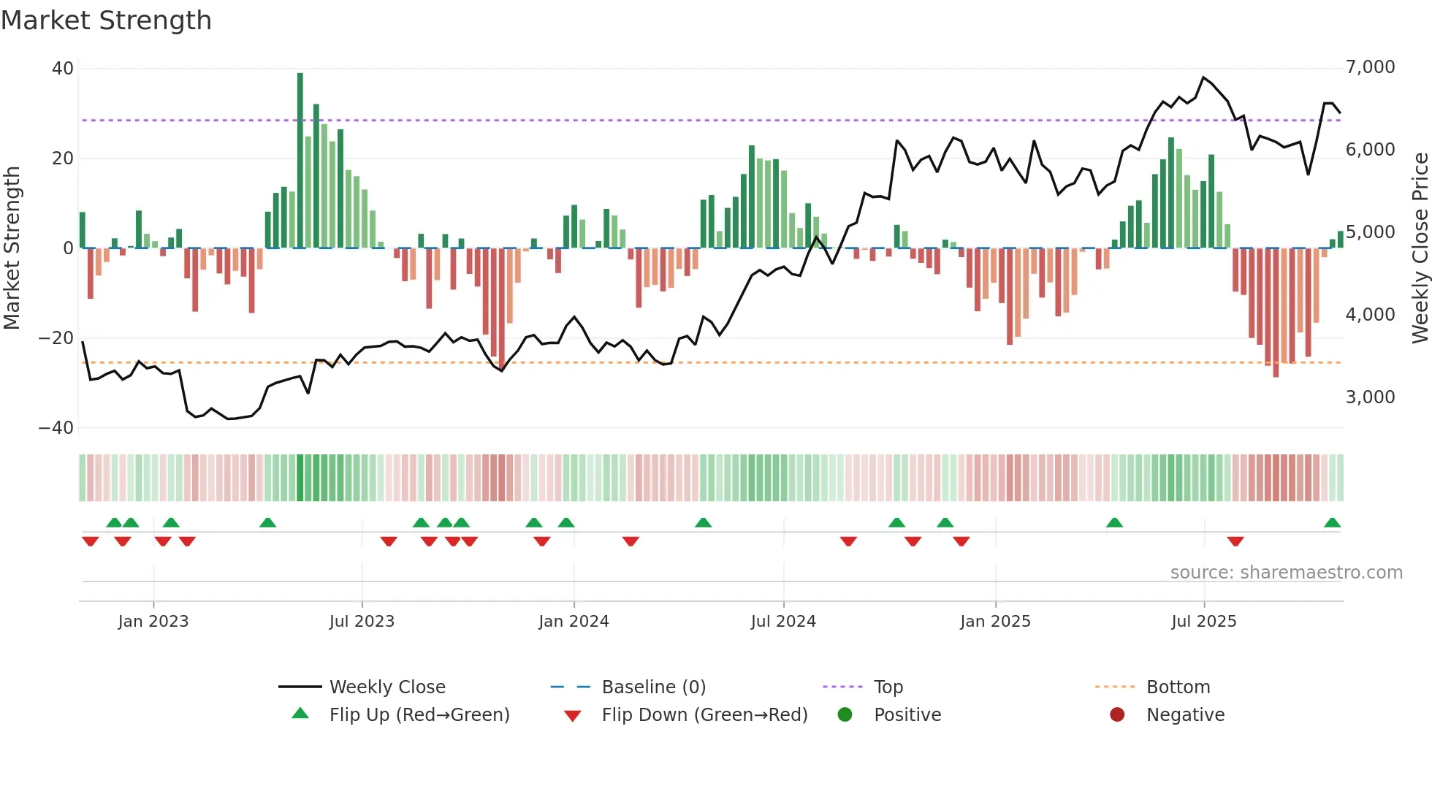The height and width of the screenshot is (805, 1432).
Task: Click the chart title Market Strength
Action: (x=106, y=20)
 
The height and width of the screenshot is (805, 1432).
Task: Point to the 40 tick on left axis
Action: (x=63, y=69)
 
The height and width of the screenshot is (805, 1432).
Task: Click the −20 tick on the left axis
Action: (x=56, y=338)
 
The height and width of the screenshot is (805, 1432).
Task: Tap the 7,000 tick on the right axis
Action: (x=1370, y=67)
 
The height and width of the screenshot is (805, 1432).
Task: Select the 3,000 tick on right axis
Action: (x=1370, y=397)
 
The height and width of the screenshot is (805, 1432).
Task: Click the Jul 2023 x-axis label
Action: (x=362, y=622)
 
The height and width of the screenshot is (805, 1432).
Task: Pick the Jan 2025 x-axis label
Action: (x=995, y=622)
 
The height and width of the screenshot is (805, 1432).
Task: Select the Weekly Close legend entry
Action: (x=387, y=687)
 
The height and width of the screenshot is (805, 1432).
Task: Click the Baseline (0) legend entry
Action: (x=653, y=687)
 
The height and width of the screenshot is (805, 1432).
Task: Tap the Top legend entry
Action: (x=888, y=687)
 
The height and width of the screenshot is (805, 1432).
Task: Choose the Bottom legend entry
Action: (x=1178, y=687)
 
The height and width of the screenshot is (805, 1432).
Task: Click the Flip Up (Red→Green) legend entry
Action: (x=419, y=715)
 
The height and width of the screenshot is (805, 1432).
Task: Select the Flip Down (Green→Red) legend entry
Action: (x=704, y=715)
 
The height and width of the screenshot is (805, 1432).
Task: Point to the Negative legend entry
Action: (x=1185, y=715)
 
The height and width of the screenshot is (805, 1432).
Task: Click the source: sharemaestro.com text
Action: (x=1286, y=573)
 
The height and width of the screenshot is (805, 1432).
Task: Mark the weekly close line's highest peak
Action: (x=1203, y=77)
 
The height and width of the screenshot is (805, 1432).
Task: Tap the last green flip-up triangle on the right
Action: (x=1332, y=523)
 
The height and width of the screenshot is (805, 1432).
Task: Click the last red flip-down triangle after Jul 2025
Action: (x=1235, y=541)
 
